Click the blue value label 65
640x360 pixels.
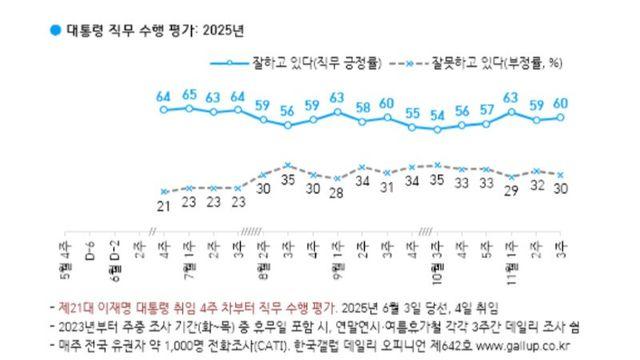coord(190,95)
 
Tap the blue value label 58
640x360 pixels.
coord(361,107)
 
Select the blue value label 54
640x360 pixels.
coord(437,115)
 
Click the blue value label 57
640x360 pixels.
coord(487,109)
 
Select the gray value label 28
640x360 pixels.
coord(337,192)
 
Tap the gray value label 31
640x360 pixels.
coord(386,187)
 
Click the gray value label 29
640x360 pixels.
coord(512,190)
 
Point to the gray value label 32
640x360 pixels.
coord(537,185)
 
